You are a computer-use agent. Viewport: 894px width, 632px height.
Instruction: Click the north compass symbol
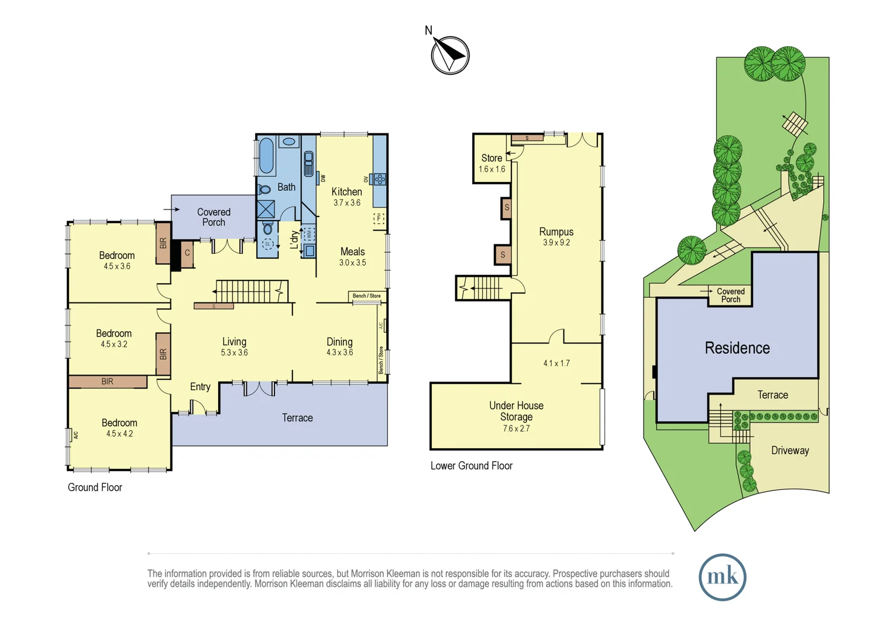(x=450, y=54)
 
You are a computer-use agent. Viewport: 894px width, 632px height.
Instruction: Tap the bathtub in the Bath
(x=266, y=155)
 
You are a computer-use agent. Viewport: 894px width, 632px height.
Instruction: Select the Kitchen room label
(x=347, y=191)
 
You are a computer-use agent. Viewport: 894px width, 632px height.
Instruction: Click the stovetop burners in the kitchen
(x=380, y=179)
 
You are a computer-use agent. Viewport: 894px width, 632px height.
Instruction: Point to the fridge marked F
(x=379, y=218)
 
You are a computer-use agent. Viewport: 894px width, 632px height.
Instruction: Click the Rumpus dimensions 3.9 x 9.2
(x=556, y=242)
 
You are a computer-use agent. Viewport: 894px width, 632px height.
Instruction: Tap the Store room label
(x=491, y=158)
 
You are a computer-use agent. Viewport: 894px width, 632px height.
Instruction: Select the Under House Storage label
(x=517, y=411)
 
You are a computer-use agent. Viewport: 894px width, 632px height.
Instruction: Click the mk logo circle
(x=723, y=577)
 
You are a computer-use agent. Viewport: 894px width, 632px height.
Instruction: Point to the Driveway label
(x=790, y=451)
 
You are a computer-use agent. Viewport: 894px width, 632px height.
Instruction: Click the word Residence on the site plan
(x=737, y=348)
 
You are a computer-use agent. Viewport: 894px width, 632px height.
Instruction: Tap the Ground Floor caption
(x=95, y=487)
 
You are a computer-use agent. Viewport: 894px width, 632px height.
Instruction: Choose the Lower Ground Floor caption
(x=472, y=466)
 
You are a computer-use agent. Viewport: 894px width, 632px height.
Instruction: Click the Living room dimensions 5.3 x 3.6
(x=234, y=352)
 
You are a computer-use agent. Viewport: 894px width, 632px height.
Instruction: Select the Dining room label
(x=340, y=342)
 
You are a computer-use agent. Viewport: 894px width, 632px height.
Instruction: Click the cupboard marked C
(x=187, y=253)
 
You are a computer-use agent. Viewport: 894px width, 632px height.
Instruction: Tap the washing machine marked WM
(x=308, y=234)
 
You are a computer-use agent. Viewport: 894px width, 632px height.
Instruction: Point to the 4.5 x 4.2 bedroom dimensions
(x=119, y=434)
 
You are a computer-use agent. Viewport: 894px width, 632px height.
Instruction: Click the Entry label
(x=200, y=386)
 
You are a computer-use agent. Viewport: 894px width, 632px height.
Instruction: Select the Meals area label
(x=352, y=252)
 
